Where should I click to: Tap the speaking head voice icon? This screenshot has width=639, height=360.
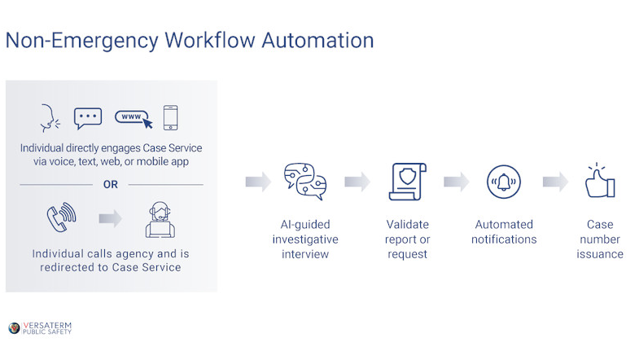(x=50, y=119)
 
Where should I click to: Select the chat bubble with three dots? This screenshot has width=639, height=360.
(x=88, y=119)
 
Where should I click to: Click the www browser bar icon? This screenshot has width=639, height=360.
(x=133, y=119)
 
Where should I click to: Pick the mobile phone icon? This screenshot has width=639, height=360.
(x=171, y=119)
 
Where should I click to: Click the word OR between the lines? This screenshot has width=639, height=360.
(x=111, y=185)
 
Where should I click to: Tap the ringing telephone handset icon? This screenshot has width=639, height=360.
(x=60, y=217)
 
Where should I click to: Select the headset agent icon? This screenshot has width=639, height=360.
(x=160, y=217)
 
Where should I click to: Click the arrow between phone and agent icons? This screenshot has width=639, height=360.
(x=111, y=218)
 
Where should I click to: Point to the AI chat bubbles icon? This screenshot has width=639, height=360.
(x=305, y=182)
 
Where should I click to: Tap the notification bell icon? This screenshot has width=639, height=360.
(x=504, y=182)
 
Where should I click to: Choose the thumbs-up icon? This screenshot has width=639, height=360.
(x=600, y=181)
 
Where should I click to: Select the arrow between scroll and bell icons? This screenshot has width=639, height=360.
(x=456, y=182)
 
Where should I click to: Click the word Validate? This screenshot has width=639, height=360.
(x=407, y=224)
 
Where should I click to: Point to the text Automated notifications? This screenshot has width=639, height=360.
(x=504, y=231)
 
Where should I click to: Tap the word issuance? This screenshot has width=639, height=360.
(x=601, y=254)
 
